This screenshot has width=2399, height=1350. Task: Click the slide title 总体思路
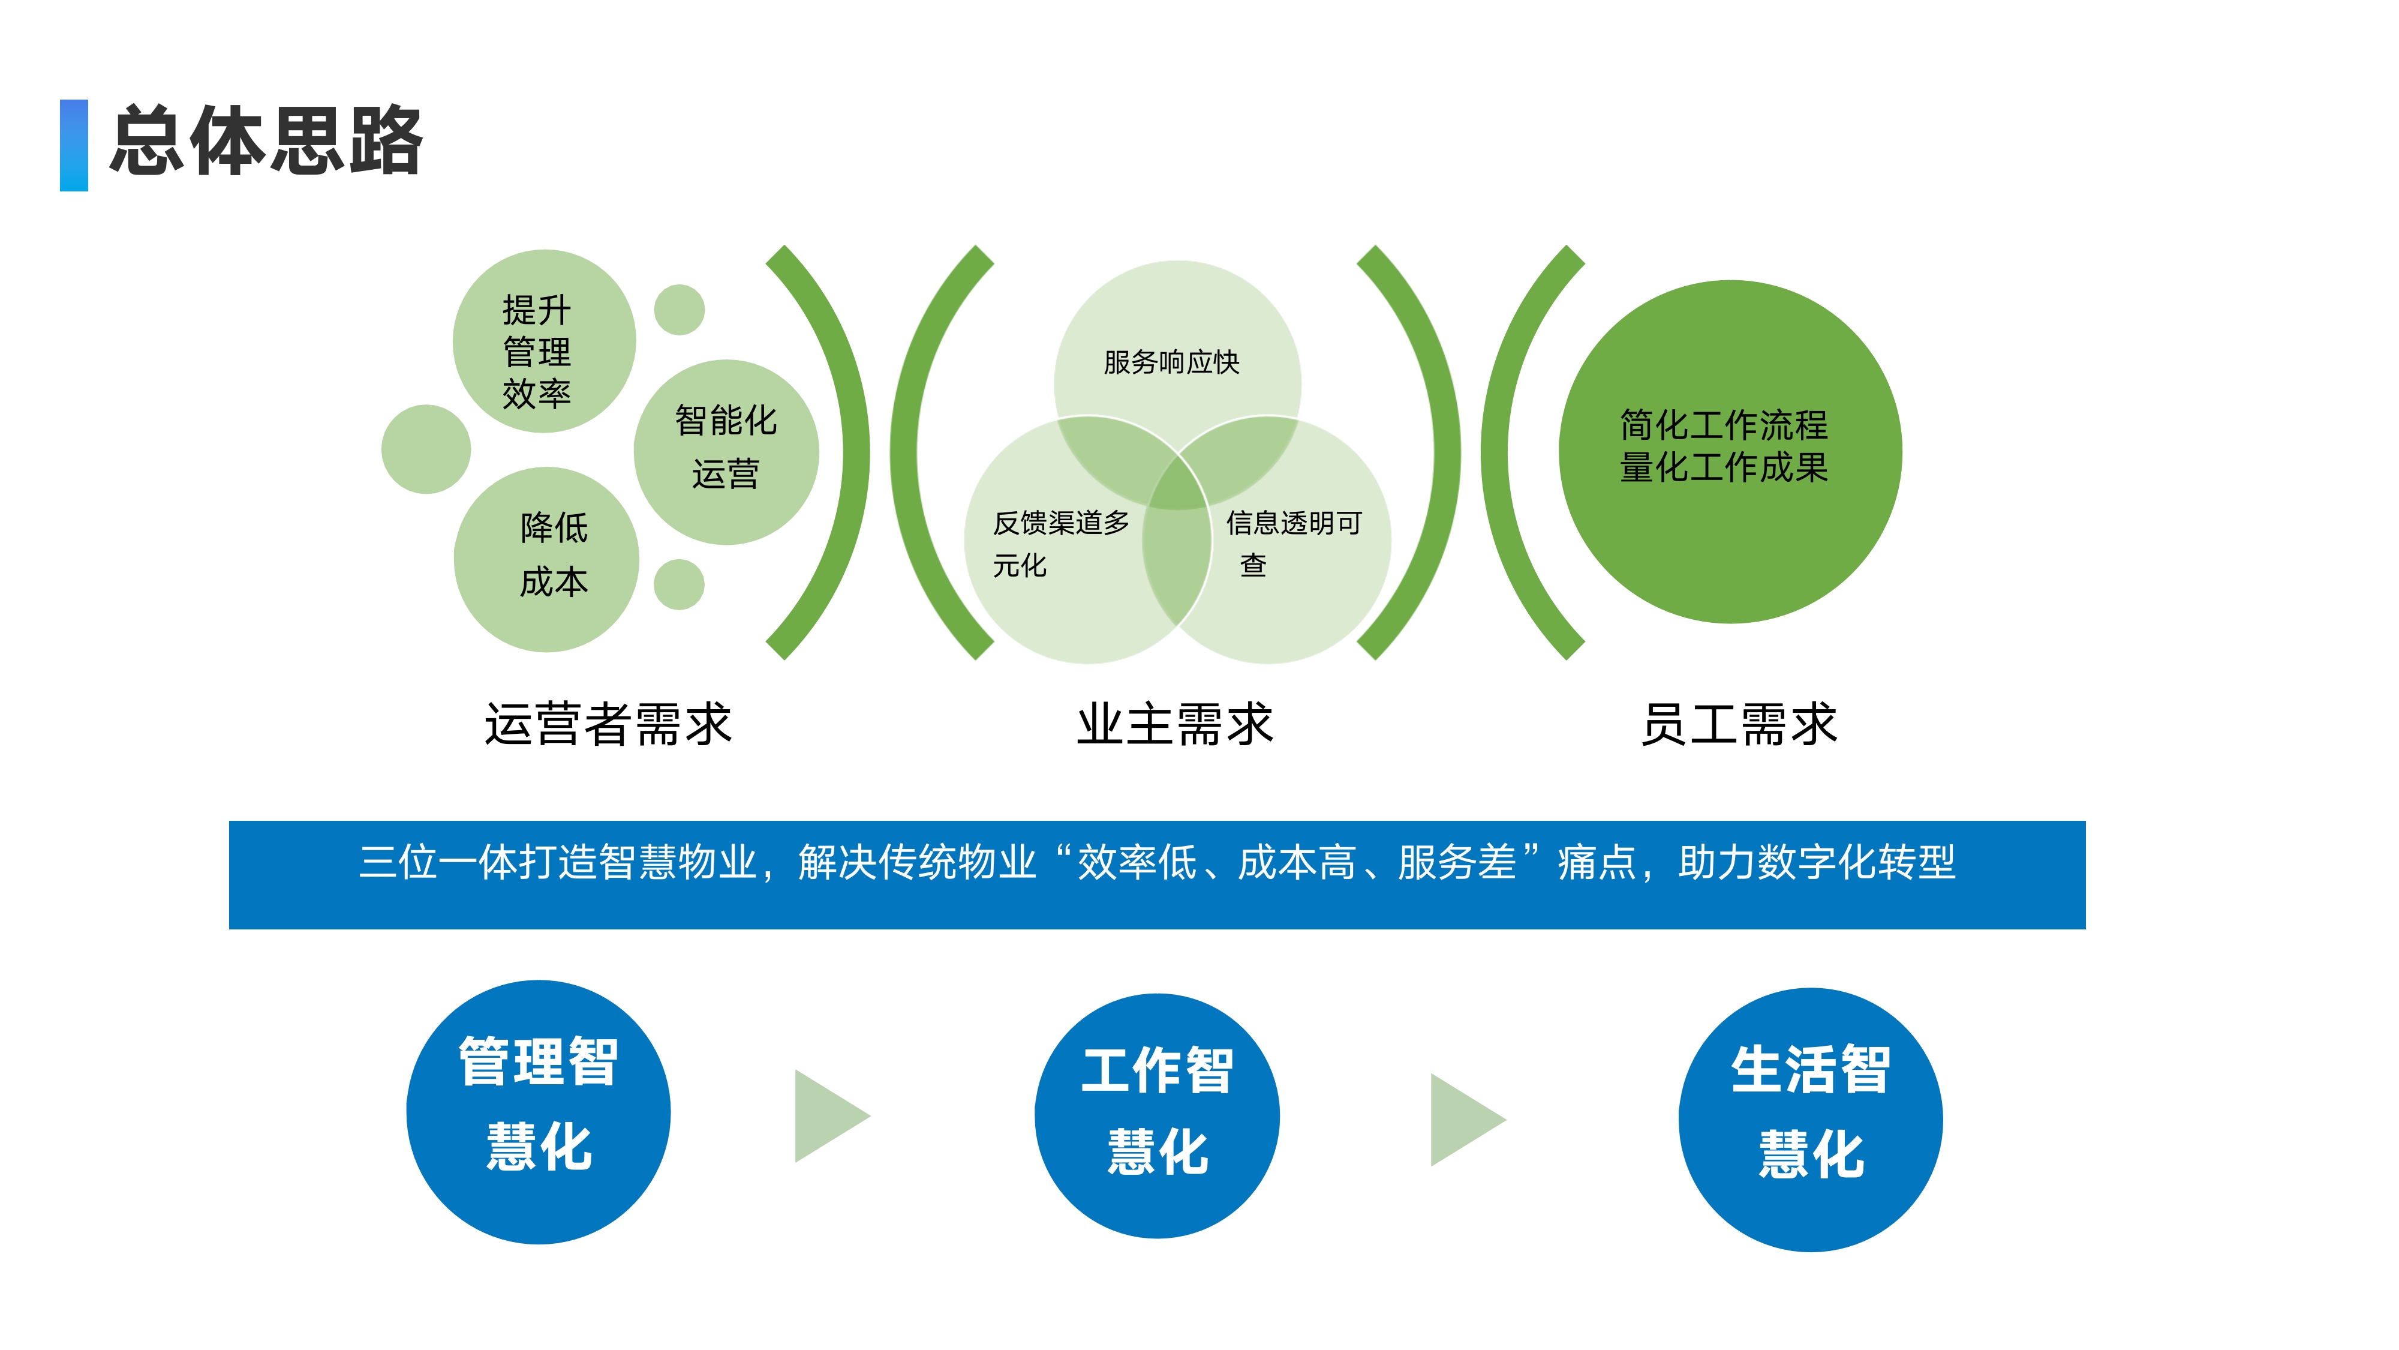coord(266,142)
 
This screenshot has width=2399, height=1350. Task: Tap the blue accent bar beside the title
coord(74,145)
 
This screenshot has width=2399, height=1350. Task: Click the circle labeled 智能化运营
coord(726,451)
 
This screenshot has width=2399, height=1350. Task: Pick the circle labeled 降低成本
coord(546,559)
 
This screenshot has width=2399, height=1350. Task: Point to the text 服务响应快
coord(1171,362)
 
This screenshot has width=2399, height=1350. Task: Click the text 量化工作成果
coord(1723,468)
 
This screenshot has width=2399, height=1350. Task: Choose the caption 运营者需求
coord(608,724)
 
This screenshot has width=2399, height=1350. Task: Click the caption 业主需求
coord(1174,724)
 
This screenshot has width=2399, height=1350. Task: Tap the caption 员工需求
coord(1739,724)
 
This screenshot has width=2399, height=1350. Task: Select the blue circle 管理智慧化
coord(539,1111)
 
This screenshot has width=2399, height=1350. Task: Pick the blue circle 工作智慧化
coord(1157,1115)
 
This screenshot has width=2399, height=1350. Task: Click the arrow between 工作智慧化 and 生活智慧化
coord(1464,1119)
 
